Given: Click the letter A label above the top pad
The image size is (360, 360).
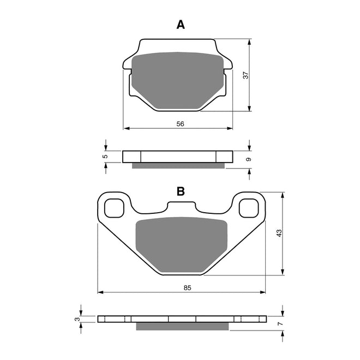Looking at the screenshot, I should [x=181, y=25].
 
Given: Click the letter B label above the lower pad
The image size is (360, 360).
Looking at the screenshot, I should [x=181, y=191].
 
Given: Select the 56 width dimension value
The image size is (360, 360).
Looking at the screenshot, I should [x=181, y=124].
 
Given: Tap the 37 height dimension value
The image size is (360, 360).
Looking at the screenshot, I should [x=246, y=75].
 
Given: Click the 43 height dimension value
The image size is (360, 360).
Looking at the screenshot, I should [x=279, y=233].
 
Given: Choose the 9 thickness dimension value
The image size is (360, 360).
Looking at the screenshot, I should [x=248, y=159].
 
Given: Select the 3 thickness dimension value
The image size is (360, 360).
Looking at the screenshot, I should [x=77, y=319].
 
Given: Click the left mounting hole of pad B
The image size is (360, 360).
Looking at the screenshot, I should [x=113, y=207].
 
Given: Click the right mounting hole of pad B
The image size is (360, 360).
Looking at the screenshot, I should [x=249, y=207].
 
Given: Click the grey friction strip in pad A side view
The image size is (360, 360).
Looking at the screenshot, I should [x=178, y=165].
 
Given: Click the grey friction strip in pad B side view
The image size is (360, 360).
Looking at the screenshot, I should [x=182, y=326].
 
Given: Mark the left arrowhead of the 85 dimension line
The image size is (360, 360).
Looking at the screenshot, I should [x=100, y=292].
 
